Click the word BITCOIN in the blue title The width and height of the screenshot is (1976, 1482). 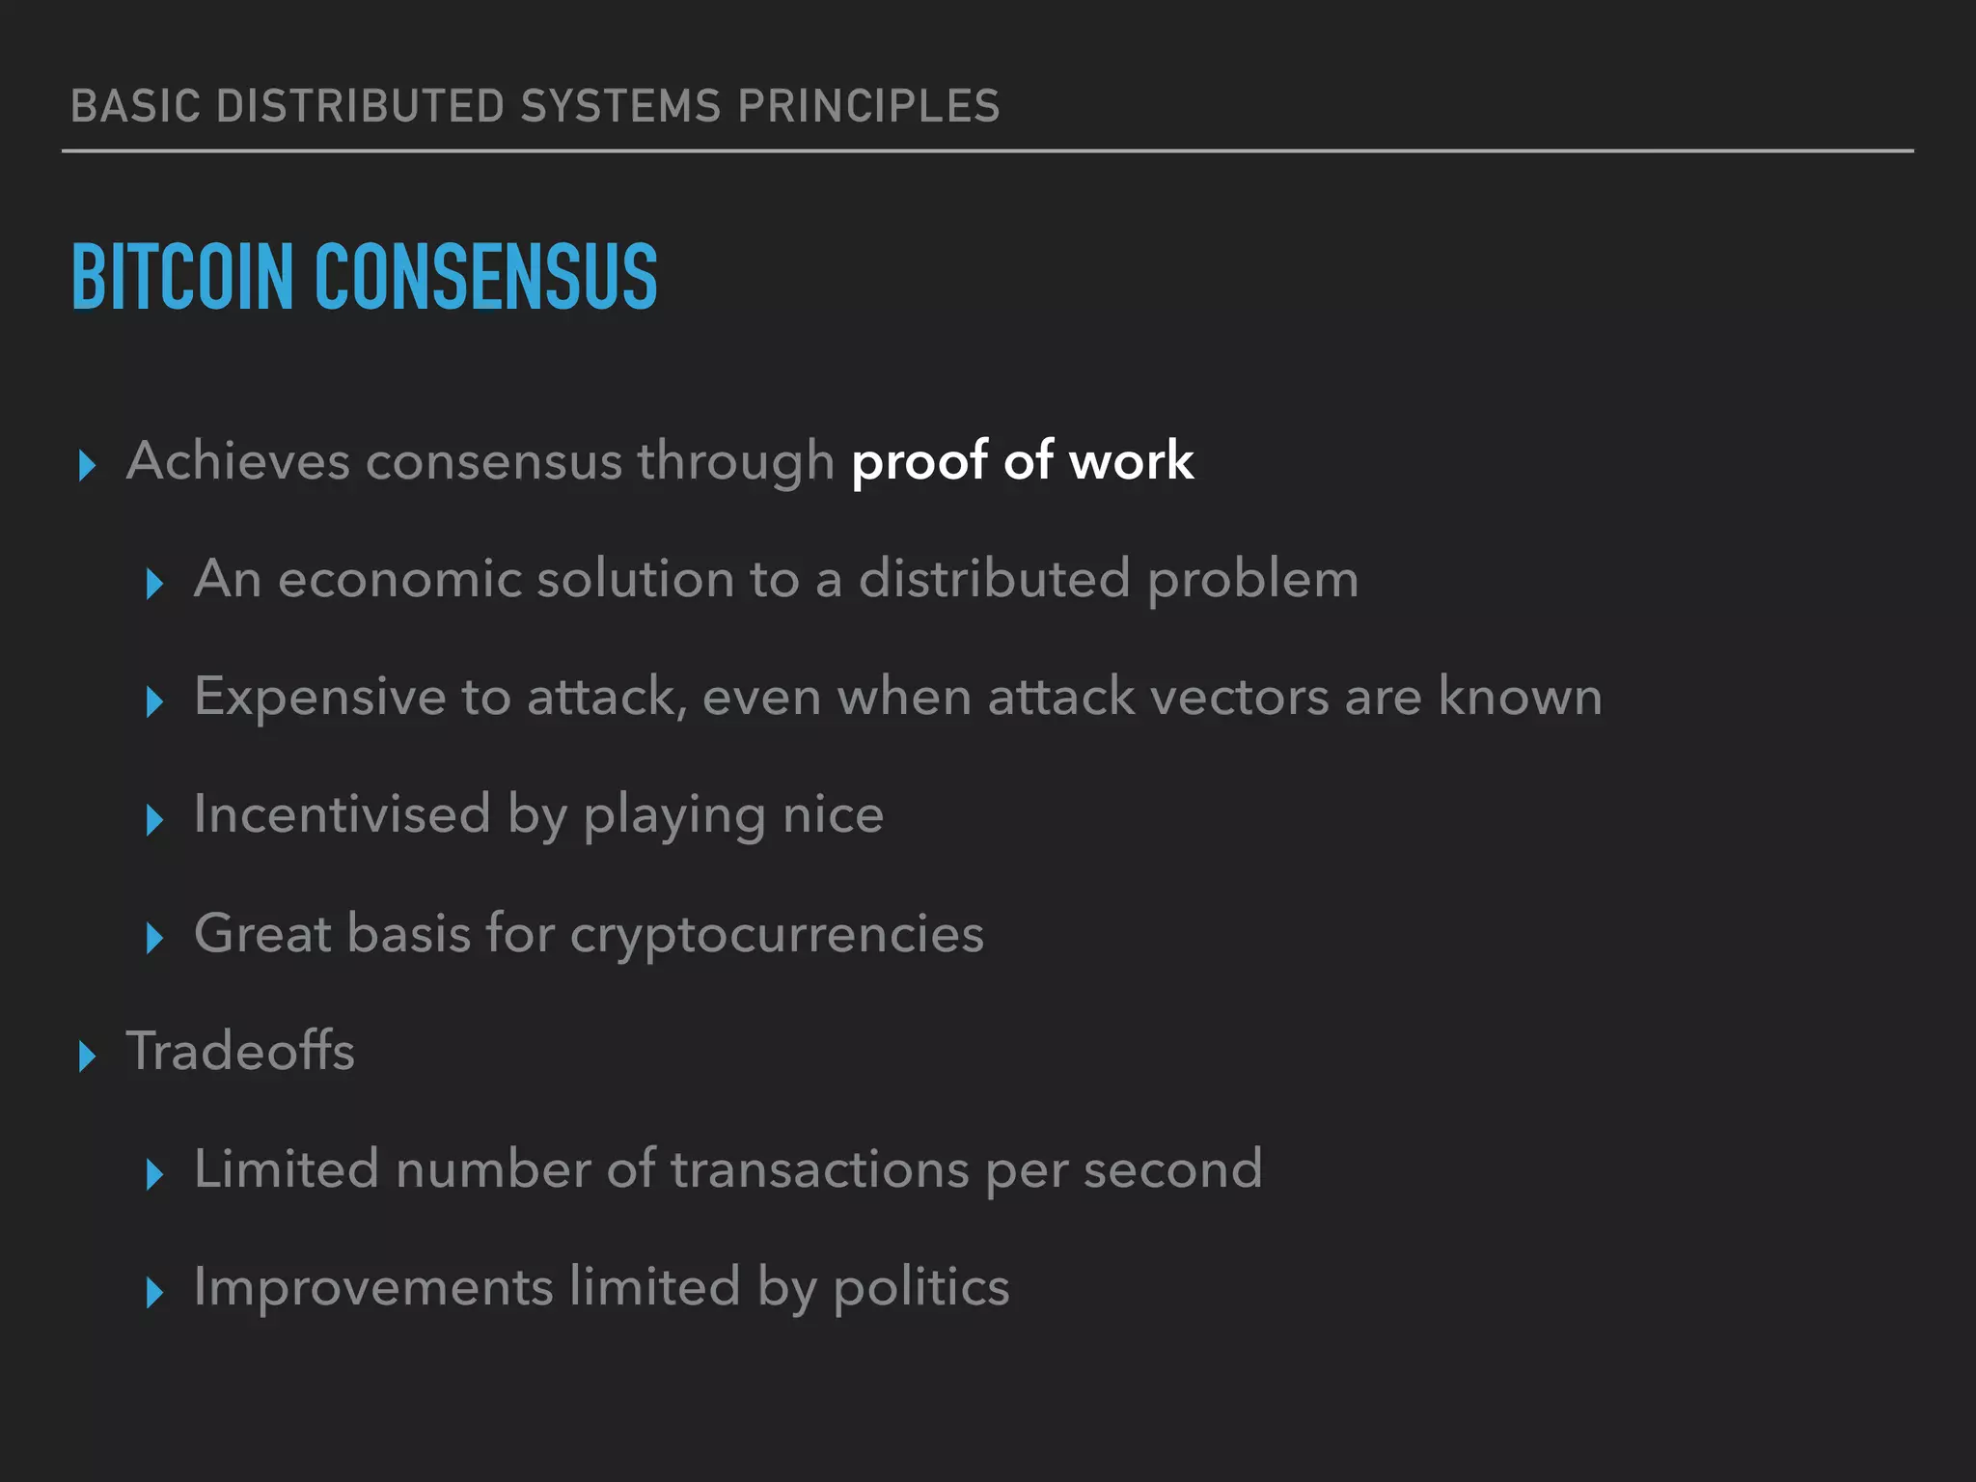[x=181, y=278]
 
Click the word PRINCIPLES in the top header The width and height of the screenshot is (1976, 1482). [x=868, y=106]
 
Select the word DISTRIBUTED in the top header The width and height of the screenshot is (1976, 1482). [x=361, y=106]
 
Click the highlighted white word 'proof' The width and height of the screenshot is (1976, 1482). [x=919, y=461]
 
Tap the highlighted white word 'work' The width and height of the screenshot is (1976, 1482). [x=1131, y=461]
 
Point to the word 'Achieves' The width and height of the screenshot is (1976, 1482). [x=237, y=461]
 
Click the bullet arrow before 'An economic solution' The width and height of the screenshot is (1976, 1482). [x=154, y=584]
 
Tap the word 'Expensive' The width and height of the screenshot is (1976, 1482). [x=319, y=698]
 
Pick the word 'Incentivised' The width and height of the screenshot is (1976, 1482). [x=342, y=815]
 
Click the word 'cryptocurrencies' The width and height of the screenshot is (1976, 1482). [x=777, y=934]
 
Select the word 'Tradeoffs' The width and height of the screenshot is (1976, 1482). [x=240, y=1051]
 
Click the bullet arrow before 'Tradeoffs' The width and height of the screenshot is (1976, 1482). [x=87, y=1057]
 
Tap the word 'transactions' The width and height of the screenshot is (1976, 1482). [x=819, y=1169]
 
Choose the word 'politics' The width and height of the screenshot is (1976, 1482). [x=920, y=1287]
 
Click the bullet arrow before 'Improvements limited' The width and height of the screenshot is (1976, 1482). [x=154, y=1292]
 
